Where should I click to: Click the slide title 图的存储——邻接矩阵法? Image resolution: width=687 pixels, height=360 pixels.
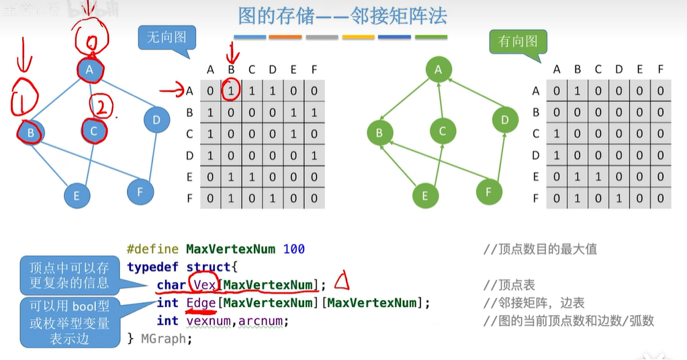[342, 15]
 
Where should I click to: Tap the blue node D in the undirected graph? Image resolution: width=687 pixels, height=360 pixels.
[156, 120]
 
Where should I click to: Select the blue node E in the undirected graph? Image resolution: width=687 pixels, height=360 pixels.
[77, 195]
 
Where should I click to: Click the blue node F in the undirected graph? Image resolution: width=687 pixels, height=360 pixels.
[140, 191]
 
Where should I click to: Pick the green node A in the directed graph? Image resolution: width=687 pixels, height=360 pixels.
[439, 69]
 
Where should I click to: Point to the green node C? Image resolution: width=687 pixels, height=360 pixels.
[442, 131]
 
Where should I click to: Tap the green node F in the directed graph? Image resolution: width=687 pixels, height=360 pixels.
[489, 192]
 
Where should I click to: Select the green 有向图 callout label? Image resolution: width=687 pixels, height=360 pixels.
[518, 42]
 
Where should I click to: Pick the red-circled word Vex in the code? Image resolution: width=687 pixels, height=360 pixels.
[203, 285]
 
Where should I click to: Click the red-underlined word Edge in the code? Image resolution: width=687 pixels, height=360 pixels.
[201, 303]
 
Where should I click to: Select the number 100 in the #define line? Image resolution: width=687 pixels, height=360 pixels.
[294, 249]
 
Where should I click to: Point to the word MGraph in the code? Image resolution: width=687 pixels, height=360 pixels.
[167, 339]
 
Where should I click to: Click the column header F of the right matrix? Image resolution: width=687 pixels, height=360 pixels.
[661, 69]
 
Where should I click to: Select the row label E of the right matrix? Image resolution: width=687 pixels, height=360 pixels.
[535, 177]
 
